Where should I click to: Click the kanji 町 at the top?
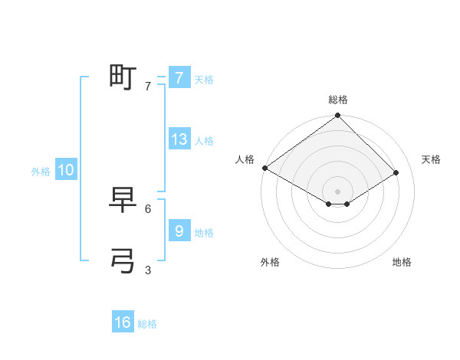(123, 77)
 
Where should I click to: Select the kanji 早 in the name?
(123, 200)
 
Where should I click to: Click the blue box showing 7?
(179, 78)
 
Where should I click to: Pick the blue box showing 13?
(179, 140)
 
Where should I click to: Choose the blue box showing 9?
(179, 231)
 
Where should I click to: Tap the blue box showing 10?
(66, 170)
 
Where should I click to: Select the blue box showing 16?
(123, 322)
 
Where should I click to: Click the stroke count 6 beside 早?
(148, 208)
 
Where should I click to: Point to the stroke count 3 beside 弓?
(148, 270)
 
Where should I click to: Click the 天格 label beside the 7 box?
(204, 80)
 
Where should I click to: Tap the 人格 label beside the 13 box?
(204, 141)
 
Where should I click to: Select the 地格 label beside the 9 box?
(204, 232)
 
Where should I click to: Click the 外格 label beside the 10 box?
(41, 172)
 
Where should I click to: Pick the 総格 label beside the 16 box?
(147, 324)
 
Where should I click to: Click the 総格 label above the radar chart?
(337, 100)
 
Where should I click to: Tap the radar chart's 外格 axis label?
(270, 262)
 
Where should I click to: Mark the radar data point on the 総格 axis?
(337, 116)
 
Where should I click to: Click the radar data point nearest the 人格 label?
(265, 168)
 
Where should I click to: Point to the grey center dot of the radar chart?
(337, 191)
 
